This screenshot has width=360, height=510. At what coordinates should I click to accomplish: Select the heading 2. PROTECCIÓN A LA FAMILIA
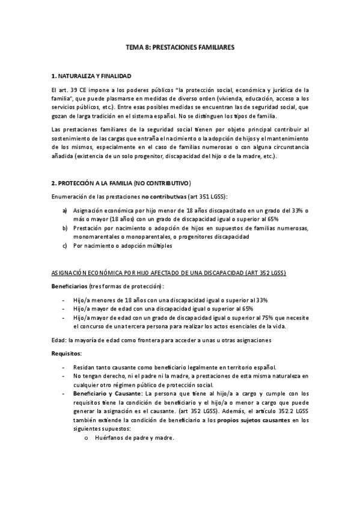coord(121,182)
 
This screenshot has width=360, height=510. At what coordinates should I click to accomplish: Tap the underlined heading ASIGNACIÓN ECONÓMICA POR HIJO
coord(169,272)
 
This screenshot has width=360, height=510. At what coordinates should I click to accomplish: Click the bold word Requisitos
coord(67,353)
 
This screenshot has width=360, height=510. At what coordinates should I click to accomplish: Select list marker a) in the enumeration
coord(65,210)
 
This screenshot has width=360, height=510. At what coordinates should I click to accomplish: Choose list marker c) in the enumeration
coord(65,246)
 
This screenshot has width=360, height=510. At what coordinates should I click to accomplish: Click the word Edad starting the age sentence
coord(59,340)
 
